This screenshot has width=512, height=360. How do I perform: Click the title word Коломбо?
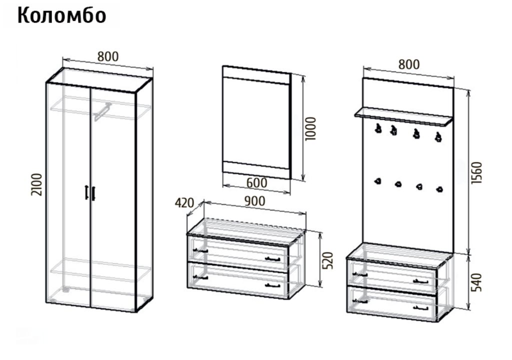point(61,15)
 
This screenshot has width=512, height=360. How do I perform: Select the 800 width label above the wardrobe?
point(108,56)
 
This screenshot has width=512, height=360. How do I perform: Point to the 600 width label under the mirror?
point(256,183)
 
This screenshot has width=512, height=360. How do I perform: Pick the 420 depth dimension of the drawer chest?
point(184,203)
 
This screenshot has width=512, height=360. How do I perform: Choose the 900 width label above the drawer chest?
point(254,201)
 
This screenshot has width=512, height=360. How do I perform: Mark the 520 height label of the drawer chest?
point(327,260)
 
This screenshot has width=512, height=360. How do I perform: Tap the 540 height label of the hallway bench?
point(476,282)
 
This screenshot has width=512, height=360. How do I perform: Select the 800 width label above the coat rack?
point(409,64)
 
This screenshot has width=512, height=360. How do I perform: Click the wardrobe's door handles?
point(90,192)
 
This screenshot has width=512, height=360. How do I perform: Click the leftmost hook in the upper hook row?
point(378,128)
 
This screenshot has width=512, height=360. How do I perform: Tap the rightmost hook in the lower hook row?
point(439,189)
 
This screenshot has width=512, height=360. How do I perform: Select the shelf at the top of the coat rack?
point(403,116)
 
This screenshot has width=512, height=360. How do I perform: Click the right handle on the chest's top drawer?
point(272,259)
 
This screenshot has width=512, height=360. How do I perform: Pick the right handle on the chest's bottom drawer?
point(272,285)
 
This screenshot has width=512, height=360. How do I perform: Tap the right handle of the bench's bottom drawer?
point(420,307)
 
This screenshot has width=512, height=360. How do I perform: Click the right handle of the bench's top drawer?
point(420,281)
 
